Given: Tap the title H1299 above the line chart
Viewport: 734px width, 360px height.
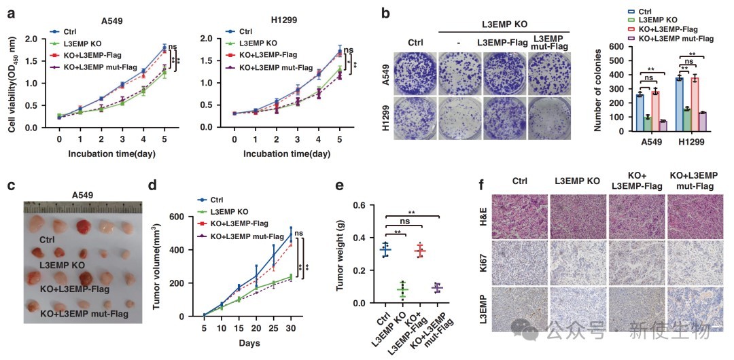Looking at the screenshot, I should (273, 20).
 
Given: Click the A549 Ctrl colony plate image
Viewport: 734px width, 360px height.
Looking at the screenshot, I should (415, 74).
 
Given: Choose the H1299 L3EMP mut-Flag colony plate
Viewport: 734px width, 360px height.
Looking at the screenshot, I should (550, 120).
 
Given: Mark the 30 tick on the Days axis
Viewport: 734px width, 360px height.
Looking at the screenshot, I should (290, 327).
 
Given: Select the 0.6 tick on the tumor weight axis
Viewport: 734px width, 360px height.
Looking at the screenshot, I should (360, 205).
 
